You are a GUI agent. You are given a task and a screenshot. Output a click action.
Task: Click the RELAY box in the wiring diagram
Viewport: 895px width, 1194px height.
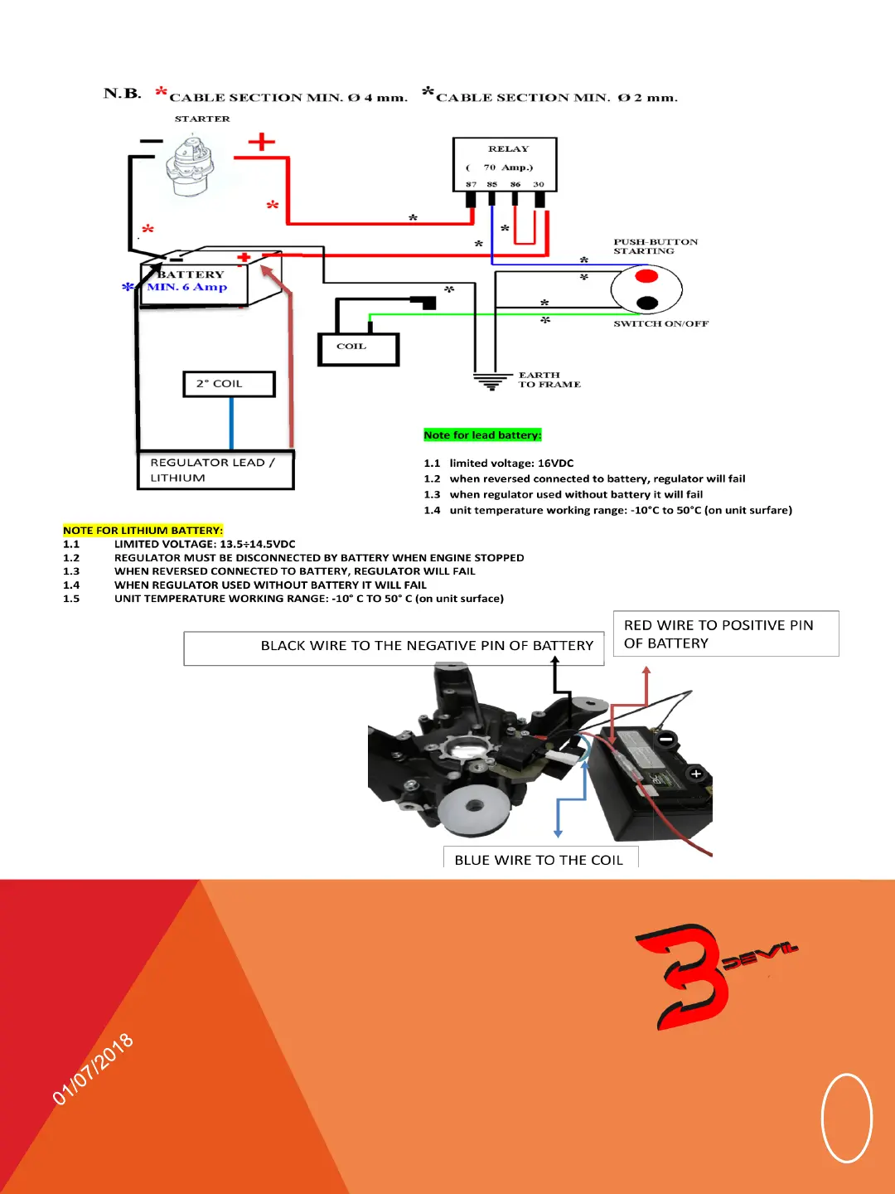pyautogui.click(x=505, y=164)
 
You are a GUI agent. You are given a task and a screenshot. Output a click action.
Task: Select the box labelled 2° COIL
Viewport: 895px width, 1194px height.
pyautogui.click(x=229, y=384)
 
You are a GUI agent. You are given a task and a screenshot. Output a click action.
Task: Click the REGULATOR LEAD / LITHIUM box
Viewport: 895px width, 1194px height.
pyautogui.click(x=215, y=470)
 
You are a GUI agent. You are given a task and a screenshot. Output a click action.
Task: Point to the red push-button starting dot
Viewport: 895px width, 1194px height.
pyautogui.click(x=646, y=276)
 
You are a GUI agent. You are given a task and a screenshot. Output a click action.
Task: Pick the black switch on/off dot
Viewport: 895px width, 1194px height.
pyautogui.click(x=647, y=303)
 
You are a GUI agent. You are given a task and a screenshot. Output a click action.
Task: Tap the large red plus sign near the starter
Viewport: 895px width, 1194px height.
pyautogui.click(x=262, y=142)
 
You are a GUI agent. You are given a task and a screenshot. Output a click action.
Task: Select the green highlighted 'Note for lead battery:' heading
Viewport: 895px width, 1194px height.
pyautogui.click(x=482, y=435)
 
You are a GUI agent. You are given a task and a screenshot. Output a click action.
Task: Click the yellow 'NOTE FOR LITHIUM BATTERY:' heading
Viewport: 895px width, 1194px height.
pyautogui.click(x=143, y=531)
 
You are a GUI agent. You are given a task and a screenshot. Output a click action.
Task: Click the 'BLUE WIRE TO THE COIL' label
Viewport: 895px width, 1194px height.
pyautogui.click(x=539, y=860)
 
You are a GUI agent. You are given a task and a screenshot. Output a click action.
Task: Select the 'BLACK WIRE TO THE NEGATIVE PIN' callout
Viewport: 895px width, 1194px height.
pyautogui.click(x=427, y=646)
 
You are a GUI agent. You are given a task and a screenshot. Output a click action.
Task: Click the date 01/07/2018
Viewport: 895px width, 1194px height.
pyautogui.click(x=93, y=1070)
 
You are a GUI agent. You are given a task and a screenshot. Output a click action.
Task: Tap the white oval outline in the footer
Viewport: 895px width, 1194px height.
pyautogui.click(x=846, y=1118)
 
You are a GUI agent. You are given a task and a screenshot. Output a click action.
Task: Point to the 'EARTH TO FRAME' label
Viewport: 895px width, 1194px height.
pyautogui.click(x=549, y=380)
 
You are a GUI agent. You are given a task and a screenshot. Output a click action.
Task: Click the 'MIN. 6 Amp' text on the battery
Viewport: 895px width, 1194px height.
pyautogui.click(x=186, y=287)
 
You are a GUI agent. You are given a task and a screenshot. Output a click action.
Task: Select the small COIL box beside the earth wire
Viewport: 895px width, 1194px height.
pyautogui.click(x=358, y=349)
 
